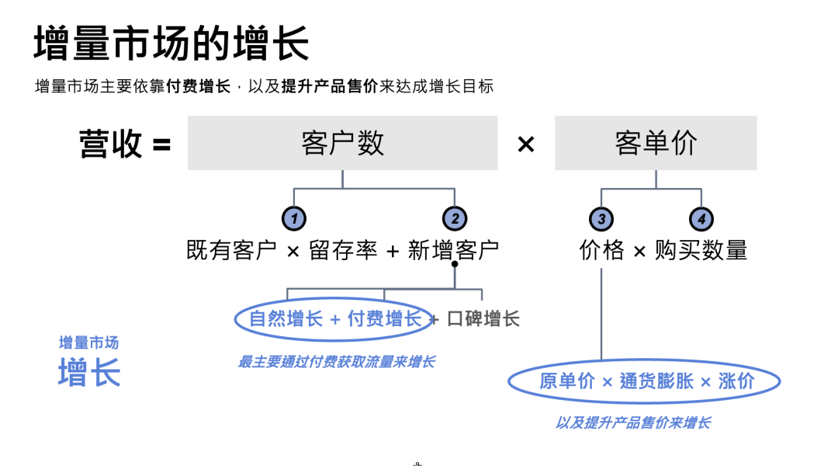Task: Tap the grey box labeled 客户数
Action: [342, 143]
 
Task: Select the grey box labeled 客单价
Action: [656, 143]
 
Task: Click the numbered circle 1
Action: [293, 219]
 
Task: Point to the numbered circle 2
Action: [455, 219]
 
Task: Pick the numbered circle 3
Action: [601, 219]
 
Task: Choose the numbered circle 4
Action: [701, 219]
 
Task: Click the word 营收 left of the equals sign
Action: [111, 144]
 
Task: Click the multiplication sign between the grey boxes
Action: [526, 144]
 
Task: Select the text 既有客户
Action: [231, 250]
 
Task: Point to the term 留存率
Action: [343, 250]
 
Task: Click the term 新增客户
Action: [453, 250]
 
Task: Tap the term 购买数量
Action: [701, 250]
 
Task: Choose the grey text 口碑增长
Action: [483, 318]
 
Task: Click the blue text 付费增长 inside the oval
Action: [384, 318]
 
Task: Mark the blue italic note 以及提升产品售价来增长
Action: [632, 423]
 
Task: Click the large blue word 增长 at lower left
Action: [89, 373]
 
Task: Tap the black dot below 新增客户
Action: [455, 265]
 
